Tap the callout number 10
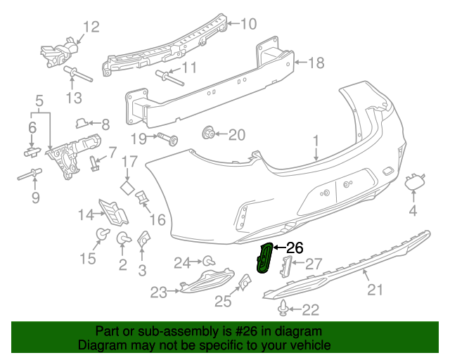[249, 25]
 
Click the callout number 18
[316, 63]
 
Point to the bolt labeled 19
[167, 138]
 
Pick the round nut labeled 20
[208, 133]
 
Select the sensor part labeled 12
[59, 51]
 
